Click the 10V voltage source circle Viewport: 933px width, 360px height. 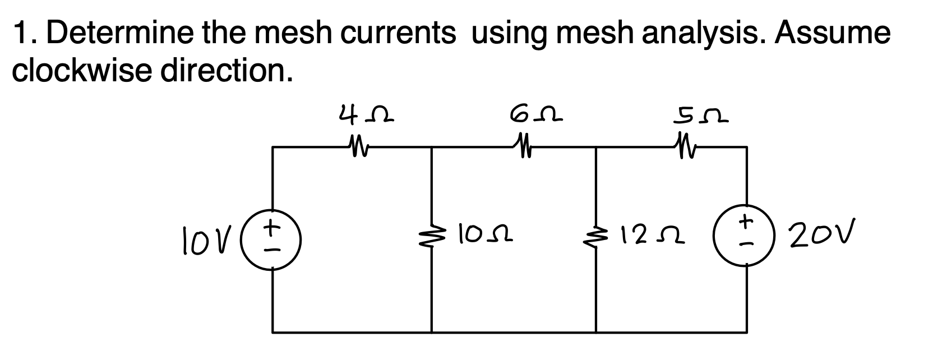(273, 231)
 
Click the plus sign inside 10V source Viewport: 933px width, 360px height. (273, 223)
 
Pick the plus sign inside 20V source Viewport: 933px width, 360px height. (746, 222)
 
